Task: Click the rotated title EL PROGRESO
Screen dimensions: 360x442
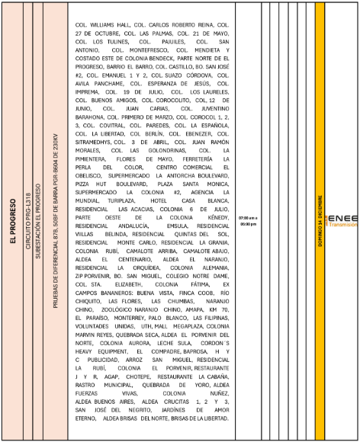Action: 13,222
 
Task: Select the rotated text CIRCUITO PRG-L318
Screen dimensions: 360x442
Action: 28,222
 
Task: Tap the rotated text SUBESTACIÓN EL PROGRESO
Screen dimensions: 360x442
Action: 39,222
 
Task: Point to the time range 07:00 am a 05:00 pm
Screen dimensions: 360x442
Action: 248,222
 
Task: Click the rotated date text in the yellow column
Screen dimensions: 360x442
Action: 320,221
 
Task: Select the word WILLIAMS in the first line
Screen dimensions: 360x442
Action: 107,24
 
